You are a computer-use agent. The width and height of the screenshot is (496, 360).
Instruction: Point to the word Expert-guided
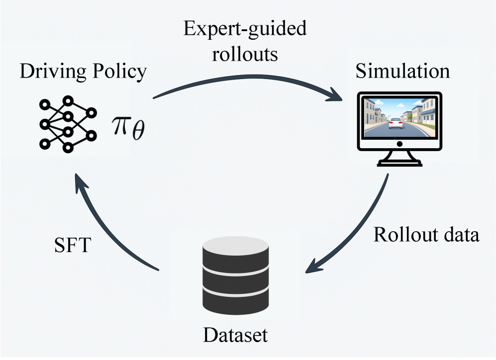click(x=245, y=29)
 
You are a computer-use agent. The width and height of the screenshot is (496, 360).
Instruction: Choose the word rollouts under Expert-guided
click(x=245, y=53)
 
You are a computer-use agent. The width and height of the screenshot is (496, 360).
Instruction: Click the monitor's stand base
click(x=400, y=163)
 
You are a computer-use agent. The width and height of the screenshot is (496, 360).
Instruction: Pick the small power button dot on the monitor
click(x=400, y=144)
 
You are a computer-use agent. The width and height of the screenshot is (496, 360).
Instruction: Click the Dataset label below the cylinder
click(x=235, y=335)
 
